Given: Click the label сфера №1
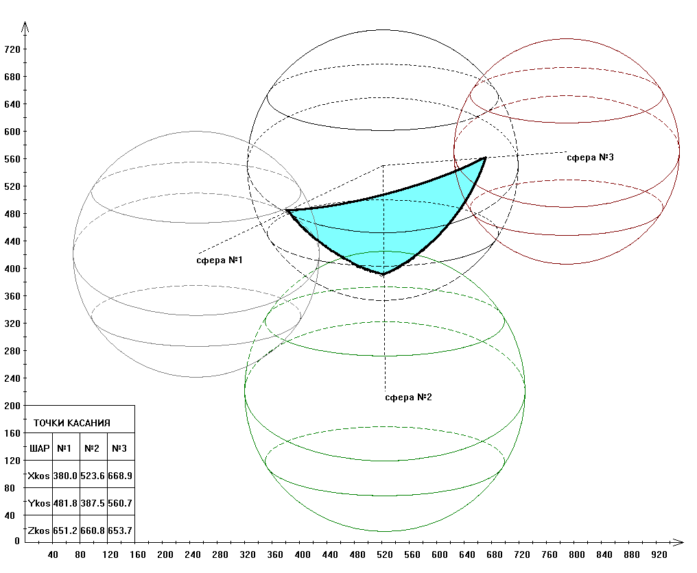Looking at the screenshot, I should point(220,260).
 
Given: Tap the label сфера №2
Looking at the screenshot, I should point(408,398).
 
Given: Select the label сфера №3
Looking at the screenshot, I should point(590,158).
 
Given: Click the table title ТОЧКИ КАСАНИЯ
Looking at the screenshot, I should point(72,424).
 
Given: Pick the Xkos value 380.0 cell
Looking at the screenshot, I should point(66,476).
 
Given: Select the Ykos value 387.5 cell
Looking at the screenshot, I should point(93,503).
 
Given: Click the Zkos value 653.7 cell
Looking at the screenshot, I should point(120,531).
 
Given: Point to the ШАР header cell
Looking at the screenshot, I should point(40,449).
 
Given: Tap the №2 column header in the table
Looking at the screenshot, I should point(93,449).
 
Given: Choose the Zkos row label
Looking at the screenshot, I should point(39,531).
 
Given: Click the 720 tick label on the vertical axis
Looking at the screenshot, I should point(12,49).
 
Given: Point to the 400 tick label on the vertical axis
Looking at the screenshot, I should point(12,269).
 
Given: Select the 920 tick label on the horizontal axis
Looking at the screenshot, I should point(659,554).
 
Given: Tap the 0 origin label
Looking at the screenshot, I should point(17,541).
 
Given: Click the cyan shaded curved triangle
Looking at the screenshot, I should point(384,219).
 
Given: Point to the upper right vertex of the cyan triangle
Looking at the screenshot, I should point(485,158).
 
